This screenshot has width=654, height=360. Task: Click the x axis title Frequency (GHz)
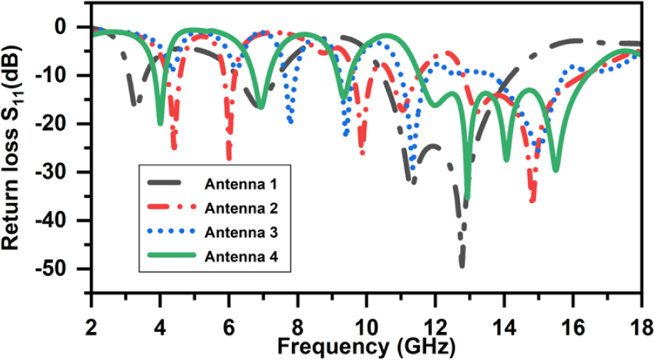(366, 344)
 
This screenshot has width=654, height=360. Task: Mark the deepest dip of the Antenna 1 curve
(462, 266)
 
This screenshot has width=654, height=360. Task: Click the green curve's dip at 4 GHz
(160, 124)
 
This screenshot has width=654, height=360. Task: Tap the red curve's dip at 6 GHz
(229, 158)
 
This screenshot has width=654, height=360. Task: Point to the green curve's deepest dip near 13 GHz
(467, 198)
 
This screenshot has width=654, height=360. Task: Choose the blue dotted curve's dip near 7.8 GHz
(291, 122)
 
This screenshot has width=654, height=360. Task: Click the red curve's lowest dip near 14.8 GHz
(532, 201)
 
